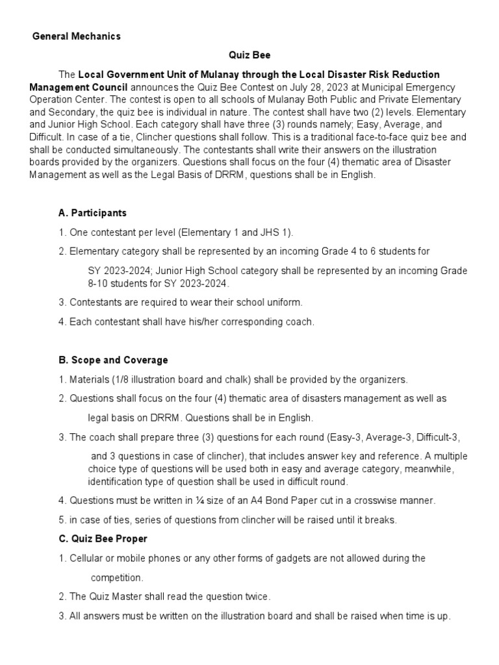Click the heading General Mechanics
point(77,36)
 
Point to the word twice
point(257,596)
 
